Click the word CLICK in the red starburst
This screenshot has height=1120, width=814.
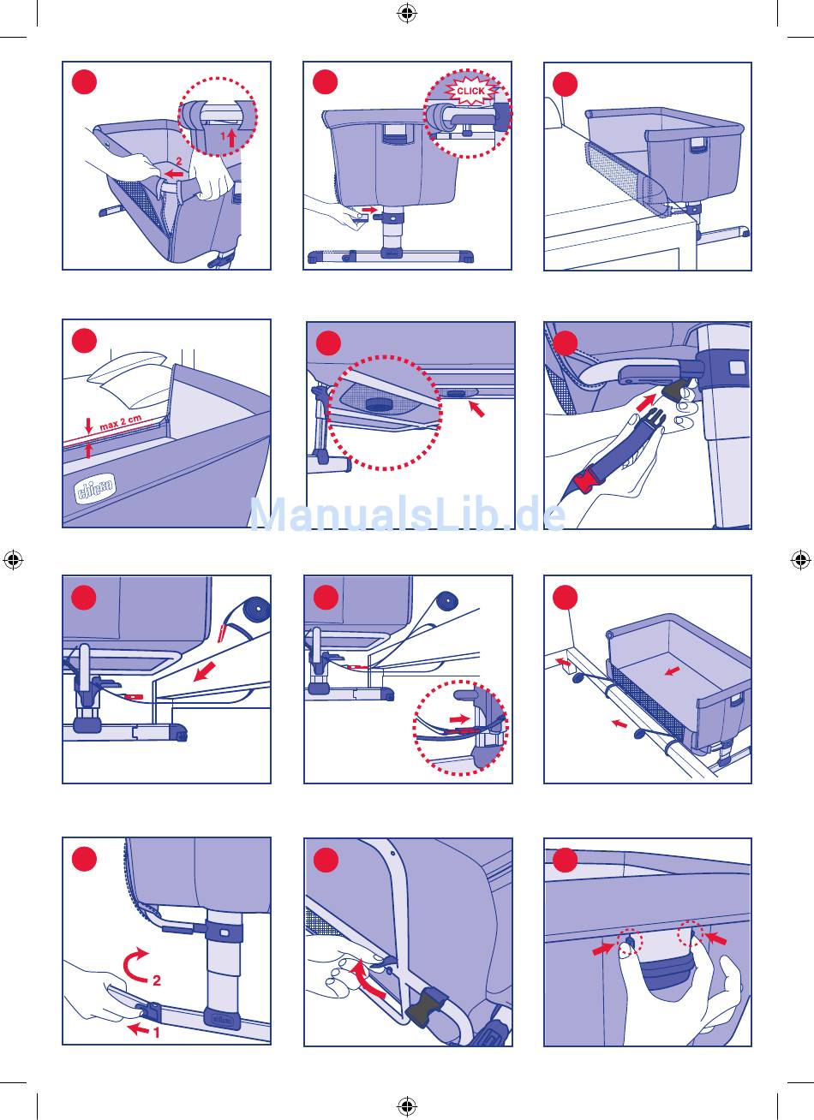pyautogui.click(x=470, y=91)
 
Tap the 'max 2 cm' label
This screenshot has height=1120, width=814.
pyautogui.click(x=121, y=422)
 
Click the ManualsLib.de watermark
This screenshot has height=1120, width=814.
pyautogui.click(x=408, y=515)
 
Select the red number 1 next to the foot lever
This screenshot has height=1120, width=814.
pyautogui.click(x=157, y=1031)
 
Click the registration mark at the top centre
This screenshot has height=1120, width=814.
pyautogui.click(x=407, y=13)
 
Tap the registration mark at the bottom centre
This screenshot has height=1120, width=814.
pyautogui.click(x=407, y=1105)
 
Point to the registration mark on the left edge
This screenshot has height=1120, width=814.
pyautogui.click(x=13, y=560)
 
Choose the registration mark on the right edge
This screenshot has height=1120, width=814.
pyautogui.click(x=800, y=560)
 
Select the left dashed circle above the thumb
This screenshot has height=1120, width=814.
pyautogui.click(x=630, y=943)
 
